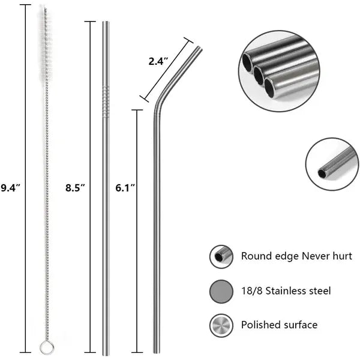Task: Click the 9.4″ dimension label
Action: [10, 188]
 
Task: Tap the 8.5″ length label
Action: [75, 188]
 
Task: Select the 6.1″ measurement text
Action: [125, 188]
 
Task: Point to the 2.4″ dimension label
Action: [159, 61]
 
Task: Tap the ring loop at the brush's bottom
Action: [44, 346]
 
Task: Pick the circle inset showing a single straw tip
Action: [331, 164]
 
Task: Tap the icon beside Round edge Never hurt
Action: [221, 256]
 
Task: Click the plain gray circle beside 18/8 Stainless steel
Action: [221, 291]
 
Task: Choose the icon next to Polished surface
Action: [221, 325]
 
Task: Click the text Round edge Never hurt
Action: [296, 256]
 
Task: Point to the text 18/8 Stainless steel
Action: [286, 291]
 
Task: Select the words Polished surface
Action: [279, 325]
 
